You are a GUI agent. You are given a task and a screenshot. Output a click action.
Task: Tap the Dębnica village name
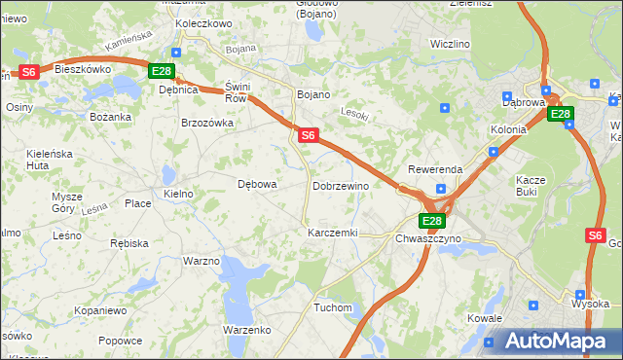click(x=178, y=90)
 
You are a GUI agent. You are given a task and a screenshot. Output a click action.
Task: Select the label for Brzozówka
click(x=207, y=123)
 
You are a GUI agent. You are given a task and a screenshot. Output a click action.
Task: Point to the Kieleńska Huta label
click(x=52, y=159)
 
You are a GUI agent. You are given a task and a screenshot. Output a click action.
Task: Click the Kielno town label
click(x=179, y=194)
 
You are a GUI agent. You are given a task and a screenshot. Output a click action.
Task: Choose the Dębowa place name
click(x=258, y=183)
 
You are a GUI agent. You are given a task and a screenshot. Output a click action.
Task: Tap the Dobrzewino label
click(x=341, y=185)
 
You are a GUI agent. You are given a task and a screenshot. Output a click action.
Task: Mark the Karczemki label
click(x=333, y=234)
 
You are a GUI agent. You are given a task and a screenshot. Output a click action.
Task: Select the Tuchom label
click(x=333, y=307)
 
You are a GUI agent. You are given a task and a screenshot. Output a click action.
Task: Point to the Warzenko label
click(x=246, y=330)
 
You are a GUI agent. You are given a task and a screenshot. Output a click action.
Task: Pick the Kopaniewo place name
click(x=100, y=310)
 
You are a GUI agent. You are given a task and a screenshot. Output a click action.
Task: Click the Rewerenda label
click(x=435, y=169)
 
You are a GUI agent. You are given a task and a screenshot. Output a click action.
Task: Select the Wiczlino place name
click(x=450, y=44)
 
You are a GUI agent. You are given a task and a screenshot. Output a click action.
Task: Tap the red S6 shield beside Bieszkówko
click(x=29, y=71)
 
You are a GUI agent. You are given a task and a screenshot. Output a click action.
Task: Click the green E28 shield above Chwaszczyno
click(x=432, y=221)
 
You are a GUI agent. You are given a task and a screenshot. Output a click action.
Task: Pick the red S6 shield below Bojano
click(x=307, y=136)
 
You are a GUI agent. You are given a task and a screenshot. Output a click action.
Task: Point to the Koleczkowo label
click(x=203, y=23)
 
